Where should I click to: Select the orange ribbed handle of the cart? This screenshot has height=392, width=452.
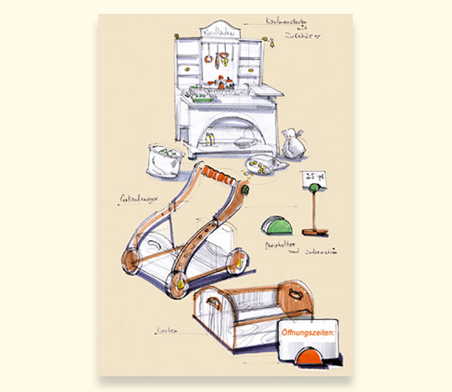tap(217, 177)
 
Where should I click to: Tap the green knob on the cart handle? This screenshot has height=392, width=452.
tap(242, 190)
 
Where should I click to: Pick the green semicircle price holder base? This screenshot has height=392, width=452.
tap(277, 223)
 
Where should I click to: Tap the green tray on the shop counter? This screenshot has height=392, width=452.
tap(196, 100)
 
